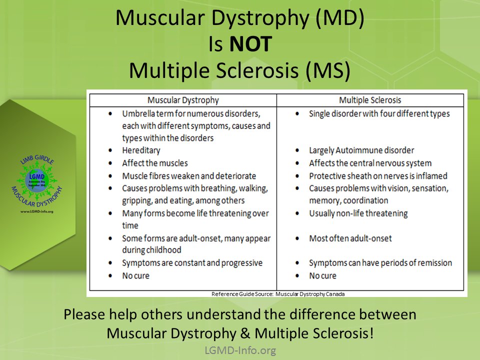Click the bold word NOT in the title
click(x=250, y=44)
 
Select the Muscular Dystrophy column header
click(x=183, y=100)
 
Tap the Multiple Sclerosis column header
click(x=370, y=100)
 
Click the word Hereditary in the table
click(x=141, y=150)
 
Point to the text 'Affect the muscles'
click(x=155, y=163)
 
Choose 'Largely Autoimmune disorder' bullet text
click(x=361, y=150)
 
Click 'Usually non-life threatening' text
click(x=358, y=213)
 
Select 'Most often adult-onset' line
click(x=350, y=238)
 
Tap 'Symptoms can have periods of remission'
click(x=380, y=263)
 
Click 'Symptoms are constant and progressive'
click(x=192, y=263)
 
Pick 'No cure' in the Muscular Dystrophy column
click(x=135, y=275)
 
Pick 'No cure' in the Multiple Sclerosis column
click(x=322, y=275)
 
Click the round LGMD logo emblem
click(x=37, y=181)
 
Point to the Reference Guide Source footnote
click(x=278, y=294)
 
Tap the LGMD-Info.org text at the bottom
click(x=240, y=350)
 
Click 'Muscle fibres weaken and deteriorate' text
click(x=189, y=176)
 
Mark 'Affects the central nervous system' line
click(x=370, y=163)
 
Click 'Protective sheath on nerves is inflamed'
click(x=378, y=176)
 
